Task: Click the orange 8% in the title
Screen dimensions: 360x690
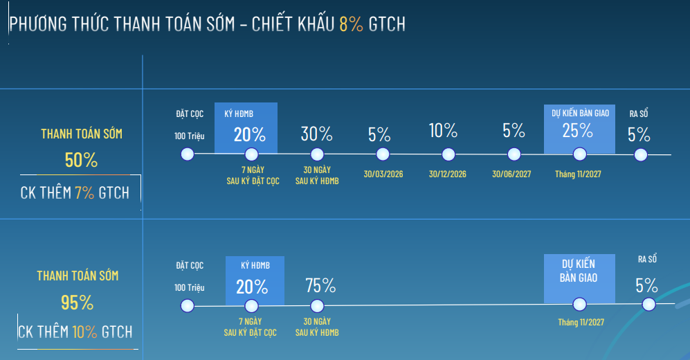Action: pos(351,24)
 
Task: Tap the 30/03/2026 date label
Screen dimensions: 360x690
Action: pos(383,174)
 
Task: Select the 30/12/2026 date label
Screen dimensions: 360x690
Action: pos(447,174)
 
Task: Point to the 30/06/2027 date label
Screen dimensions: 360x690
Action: pos(511,174)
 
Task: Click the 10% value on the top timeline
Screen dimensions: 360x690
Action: pos(443,130)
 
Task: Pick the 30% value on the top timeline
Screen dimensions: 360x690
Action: pos(317,134)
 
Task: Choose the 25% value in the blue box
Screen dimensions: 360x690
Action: pos(577,130)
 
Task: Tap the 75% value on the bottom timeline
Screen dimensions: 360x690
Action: pos(320,285)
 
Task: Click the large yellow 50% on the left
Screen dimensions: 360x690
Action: pos(81,161)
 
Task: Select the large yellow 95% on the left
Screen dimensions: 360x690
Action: pos(77,303)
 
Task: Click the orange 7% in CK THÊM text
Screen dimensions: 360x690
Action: pos(84,192)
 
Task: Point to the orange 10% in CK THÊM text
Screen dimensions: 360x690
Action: pos(84,332)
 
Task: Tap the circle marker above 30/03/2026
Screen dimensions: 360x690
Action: pos(383,154)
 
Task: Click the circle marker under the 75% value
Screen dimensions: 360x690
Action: pos(317,305)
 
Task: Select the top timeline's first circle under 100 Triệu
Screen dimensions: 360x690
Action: pos(187,154)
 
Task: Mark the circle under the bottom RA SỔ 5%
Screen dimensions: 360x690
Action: pos(648,304)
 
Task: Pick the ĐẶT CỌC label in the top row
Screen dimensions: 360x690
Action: pos(189,114)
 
